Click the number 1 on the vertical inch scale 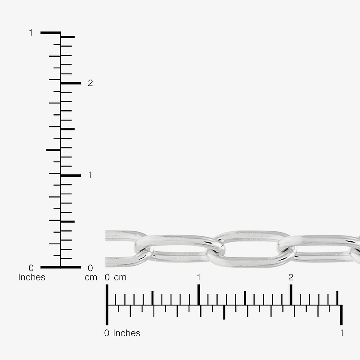pos(31,33)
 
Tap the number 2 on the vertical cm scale pos(90,83)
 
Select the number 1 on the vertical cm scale pos(90,175)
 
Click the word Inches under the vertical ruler pos(31,277)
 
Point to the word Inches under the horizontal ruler pos(126,333)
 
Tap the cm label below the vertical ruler pos(91,278)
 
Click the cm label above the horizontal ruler pos(120,278)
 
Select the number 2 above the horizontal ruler pos(291,277)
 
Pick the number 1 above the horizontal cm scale pos(198,277)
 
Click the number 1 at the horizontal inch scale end pos(342,333)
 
